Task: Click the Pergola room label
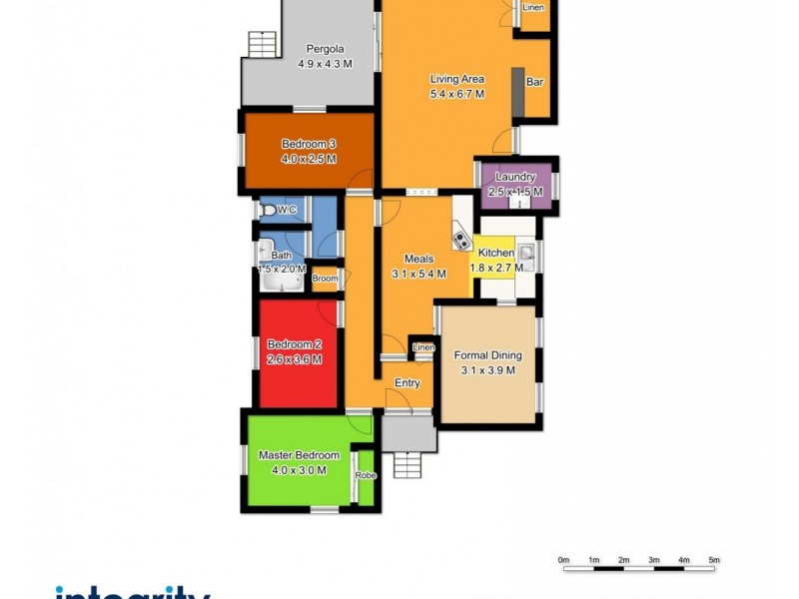[x=326, y=49]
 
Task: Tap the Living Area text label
[x=457, y=79]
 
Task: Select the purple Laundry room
[x=515, y=184]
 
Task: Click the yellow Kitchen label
[x=495, y=255]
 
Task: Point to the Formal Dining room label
[x=488, y=355]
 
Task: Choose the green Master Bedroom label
[x=299, y=455]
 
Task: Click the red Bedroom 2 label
[x=294, y=345]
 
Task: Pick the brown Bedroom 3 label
[x=308, y=144]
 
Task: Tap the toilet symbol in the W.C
[x=268, y=211]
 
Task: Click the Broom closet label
[x=325, y=280]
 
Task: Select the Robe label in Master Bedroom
[x=367, y=476]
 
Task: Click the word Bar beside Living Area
[x=534, y=82]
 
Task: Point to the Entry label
[x=407, y=383]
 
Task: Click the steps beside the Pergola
[x=261, y=45]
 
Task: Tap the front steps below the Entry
[x=407, y=464]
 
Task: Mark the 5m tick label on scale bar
[x=714, y=560]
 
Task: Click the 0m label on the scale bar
[x=563, y=560]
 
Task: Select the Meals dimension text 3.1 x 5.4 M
[x=417, y=274]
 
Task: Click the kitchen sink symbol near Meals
[x=462, y=240]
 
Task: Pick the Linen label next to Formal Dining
[x=423, y=347]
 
